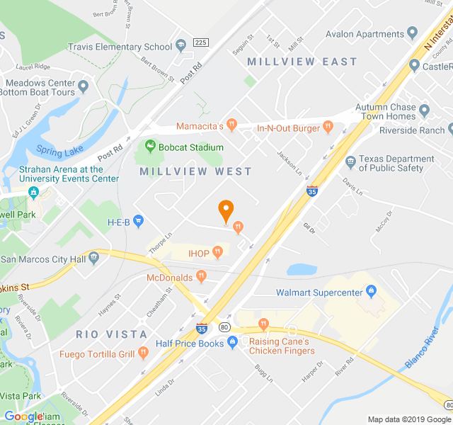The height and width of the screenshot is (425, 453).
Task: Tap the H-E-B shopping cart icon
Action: (138, 222)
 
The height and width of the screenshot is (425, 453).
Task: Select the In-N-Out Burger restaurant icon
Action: (327, 127)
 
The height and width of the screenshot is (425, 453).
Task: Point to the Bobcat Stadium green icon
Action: (150, 147)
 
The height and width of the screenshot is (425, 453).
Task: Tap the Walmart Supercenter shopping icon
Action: (370, 291)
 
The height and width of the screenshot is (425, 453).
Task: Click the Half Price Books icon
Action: (232, 344)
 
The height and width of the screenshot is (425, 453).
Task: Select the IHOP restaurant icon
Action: (218, 251)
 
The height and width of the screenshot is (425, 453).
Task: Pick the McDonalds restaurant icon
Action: (202, 277)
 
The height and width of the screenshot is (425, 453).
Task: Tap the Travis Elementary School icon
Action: (181, 47)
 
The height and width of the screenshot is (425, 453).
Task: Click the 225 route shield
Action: (200, 42)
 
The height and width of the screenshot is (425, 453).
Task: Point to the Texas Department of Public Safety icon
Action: (350, 162)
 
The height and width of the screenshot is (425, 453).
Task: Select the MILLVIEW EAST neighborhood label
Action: (302, 62)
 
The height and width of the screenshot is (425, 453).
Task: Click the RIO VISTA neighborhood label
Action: (112, 334)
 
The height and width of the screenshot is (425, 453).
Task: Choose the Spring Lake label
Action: (59, 150)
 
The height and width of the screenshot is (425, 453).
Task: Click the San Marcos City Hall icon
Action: (94, 258)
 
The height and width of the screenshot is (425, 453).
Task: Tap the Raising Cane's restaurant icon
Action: (264, 325)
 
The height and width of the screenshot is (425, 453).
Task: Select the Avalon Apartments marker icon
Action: (412, 34)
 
